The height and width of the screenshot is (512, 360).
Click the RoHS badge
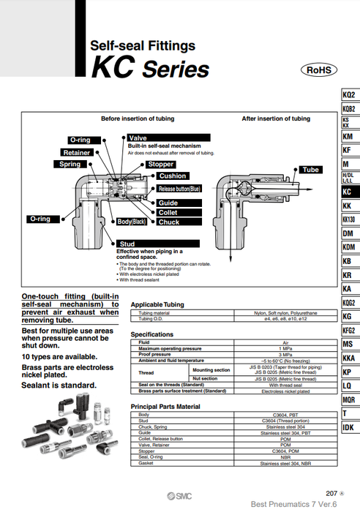[x=318, y=70]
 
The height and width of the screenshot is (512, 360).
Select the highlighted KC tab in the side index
[x=349, y=192]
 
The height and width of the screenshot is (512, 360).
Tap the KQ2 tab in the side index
[x=349, y=95]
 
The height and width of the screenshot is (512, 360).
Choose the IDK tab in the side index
[x=349, y=427]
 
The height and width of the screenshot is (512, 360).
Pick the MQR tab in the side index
[x=349, y=400]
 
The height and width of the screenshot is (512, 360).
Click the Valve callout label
[x=138, y=138]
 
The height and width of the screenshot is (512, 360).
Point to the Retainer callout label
[x=76, y=153]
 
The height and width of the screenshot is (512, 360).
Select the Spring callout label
[x=70, y=165]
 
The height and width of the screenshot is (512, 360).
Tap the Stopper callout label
[x=160, y=165]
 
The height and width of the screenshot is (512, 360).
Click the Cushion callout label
[x=173, y=176]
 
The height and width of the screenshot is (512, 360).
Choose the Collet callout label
[x=168, y=212]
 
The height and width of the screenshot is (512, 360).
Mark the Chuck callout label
[x=168, y=222]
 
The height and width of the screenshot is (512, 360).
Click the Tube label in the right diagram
[x=310, y=170]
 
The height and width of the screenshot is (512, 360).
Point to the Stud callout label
[x=127, y=244]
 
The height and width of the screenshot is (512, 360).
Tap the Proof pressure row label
[x=155, y=355]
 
